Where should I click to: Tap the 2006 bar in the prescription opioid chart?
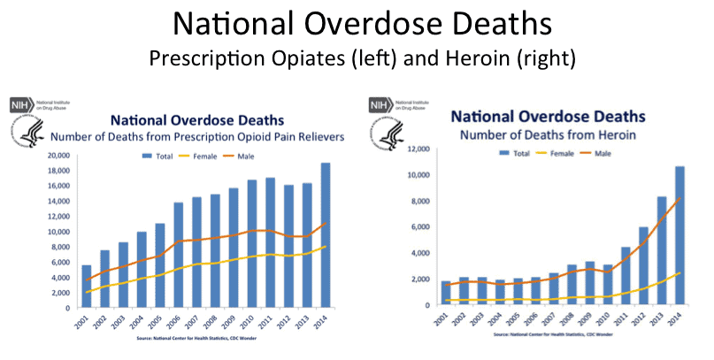[178, 256]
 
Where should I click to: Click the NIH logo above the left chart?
[22, 105]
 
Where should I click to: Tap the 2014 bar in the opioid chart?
[325, 236]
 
